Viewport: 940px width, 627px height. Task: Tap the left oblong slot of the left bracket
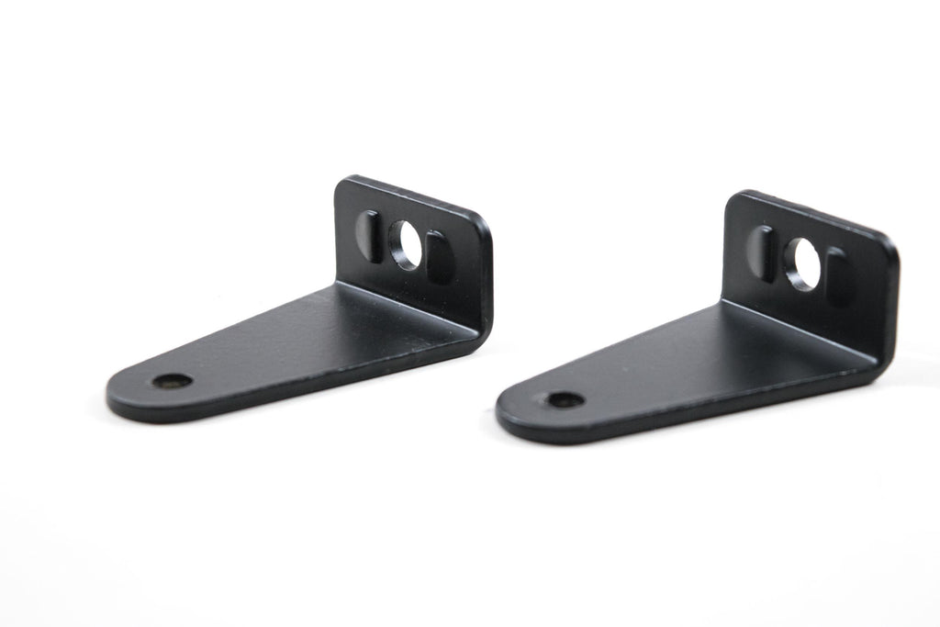(x=369, y=236)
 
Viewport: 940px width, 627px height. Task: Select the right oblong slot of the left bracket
(x=438, y=258)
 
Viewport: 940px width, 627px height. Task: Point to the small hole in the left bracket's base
(x=172, y=380)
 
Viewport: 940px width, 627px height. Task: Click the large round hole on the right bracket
(x=803, y=264)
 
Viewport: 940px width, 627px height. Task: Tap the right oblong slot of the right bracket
(x=836, y=274)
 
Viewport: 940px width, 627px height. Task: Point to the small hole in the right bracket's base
(x=564, y=400)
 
